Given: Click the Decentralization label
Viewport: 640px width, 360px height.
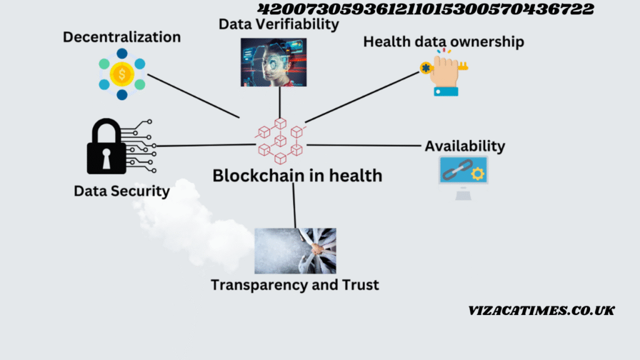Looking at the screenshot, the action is click(x=122, y=37).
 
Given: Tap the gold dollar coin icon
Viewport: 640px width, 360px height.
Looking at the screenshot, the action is click(x=122, y=74).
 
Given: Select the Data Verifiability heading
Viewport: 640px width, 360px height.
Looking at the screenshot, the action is click(x=279, y=24).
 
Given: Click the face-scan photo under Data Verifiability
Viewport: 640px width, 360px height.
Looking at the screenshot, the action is click(x=274, y=62).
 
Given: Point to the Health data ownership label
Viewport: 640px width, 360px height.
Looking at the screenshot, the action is click(x=444, y=42).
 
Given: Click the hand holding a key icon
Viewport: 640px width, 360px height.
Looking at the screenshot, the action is click(x=444, y=73).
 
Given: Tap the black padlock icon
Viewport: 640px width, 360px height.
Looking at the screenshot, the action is click(x=106, y=146).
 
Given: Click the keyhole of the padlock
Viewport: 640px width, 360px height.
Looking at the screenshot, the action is click(x=106, y=158).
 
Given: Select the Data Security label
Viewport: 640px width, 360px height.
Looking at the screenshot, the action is click(x=122, y=191).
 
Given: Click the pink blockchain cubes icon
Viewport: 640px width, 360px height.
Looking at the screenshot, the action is click(x=281, y=141).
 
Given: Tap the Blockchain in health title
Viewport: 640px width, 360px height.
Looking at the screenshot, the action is click(x=297, y=176).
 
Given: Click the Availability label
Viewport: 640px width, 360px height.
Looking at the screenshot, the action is click(x=465, y=146).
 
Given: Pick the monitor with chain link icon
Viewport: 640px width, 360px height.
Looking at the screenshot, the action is click(x=463, y=177).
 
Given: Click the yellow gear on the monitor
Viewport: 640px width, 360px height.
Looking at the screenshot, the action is click(x=477, y=174).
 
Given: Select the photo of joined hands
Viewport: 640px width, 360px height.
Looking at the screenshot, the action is click(x=296, y=251).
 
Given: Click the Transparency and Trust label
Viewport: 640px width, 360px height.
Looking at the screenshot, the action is click(x=295, y=285).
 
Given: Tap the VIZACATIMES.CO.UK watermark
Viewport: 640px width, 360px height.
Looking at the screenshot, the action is click(x=541, y=311).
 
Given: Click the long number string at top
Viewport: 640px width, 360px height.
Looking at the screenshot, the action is click(x=426, y=9).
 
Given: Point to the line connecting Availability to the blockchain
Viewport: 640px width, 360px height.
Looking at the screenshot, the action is click(x=364, y=145).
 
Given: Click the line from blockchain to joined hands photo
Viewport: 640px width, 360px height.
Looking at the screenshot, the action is click(x=294, y=205).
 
